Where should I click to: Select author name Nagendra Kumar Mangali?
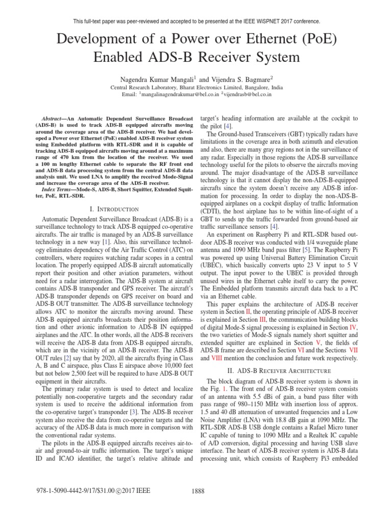(155, 79)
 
